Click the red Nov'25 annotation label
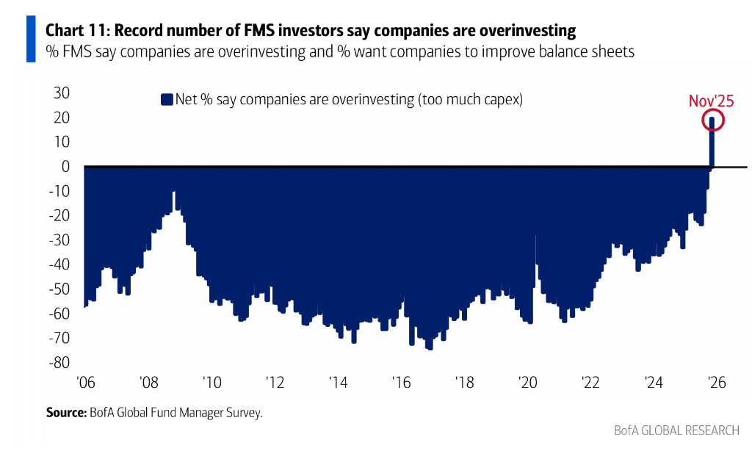pos(711,101)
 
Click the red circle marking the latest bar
pos(712,121)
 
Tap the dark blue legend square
pos(166,99)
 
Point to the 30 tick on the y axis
pos(61,93)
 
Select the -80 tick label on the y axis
pos(58,362)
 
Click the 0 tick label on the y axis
pos(65,166)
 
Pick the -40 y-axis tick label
pos(58,264)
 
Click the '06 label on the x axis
pos(86,383)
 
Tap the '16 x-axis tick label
pos(401,383)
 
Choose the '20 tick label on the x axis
pos(527,383)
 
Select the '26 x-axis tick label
pos(716,383)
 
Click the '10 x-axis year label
pos(211,383)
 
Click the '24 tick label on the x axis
pos(654,383)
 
